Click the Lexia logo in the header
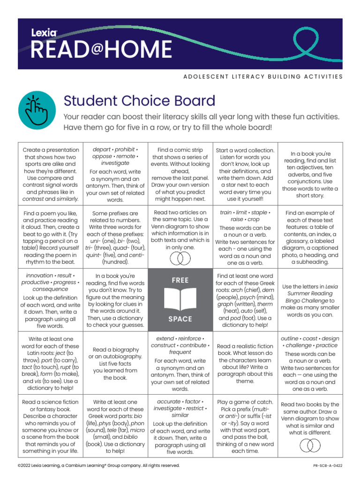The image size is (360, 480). point(44,33)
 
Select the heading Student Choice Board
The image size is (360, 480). point(139,101)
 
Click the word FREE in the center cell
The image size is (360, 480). point(180,280)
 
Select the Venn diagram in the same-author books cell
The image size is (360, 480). point(310,445)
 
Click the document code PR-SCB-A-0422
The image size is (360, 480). point(328,465)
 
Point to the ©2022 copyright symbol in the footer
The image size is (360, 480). point(19,465)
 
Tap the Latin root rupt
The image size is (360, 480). point(66,367)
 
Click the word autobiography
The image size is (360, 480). point(116,357)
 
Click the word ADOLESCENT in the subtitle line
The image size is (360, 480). point(203,76)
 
